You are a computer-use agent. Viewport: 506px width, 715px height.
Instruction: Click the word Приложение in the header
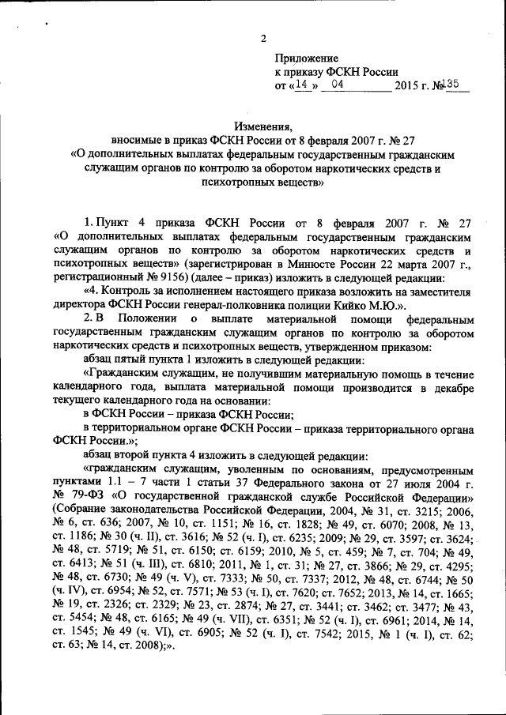307,58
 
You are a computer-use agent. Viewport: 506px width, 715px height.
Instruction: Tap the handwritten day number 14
298,85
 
